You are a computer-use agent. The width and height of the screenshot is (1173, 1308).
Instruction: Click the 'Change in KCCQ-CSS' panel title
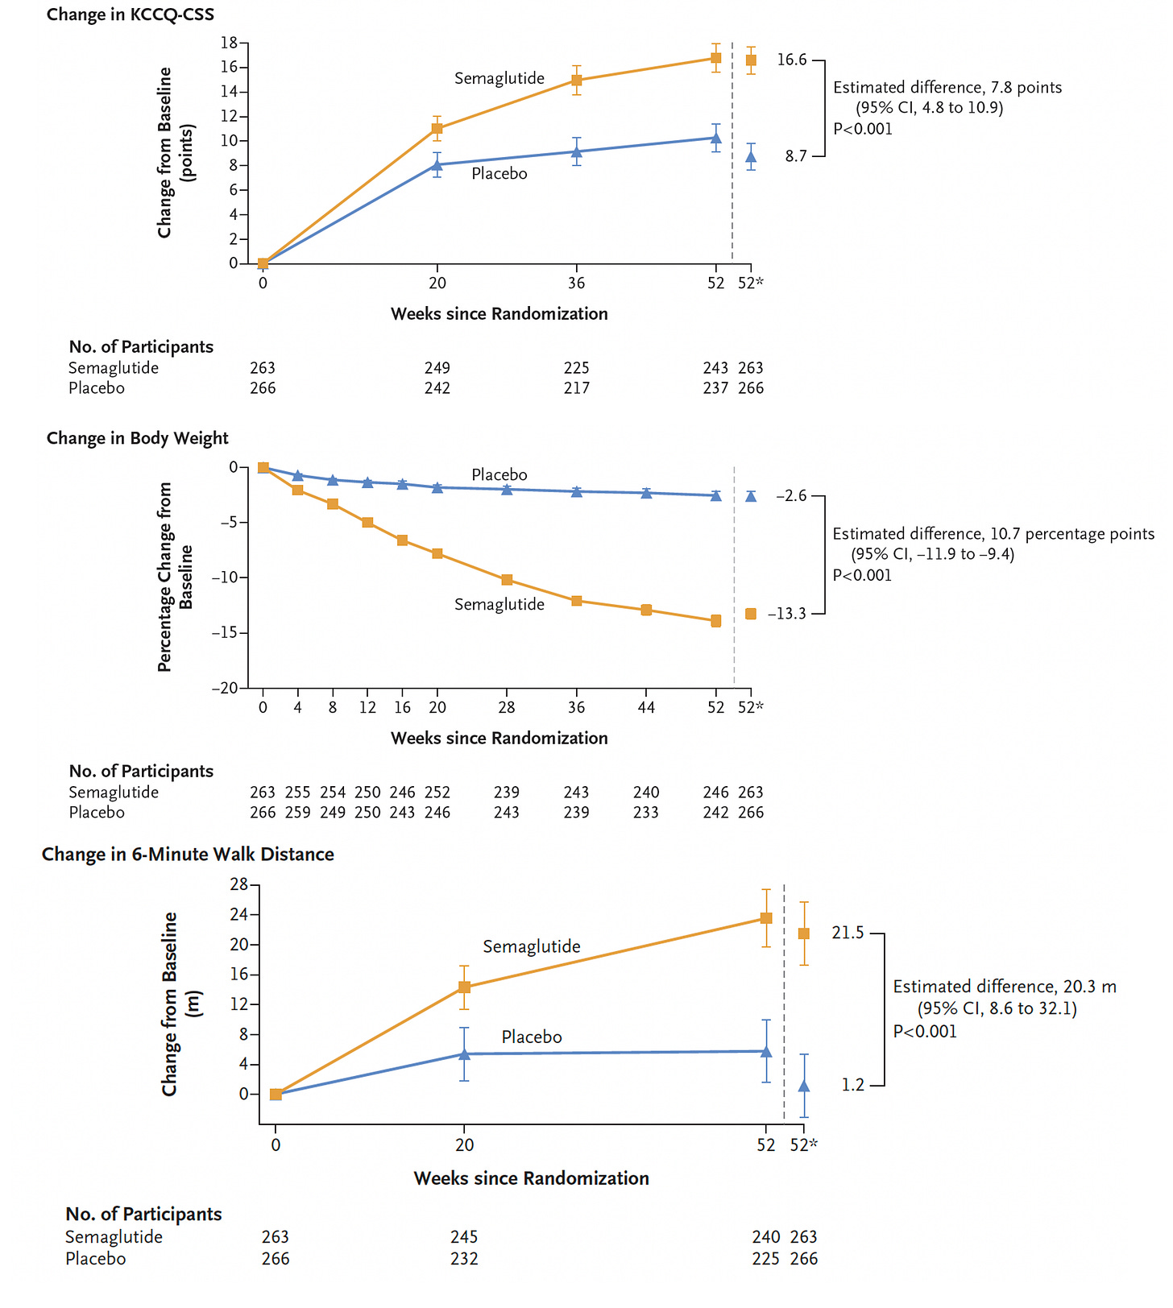(130, 14)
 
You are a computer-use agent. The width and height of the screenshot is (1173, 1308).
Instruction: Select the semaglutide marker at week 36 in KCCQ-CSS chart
(577, 81)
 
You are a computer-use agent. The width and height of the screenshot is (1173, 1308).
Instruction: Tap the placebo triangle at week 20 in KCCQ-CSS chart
(437, 165)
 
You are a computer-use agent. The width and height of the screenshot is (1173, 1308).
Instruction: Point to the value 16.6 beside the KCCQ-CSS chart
(791, 60)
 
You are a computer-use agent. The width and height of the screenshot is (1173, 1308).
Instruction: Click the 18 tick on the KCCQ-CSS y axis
(230, 43)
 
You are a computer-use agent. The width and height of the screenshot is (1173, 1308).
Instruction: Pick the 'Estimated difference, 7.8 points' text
(947, 87)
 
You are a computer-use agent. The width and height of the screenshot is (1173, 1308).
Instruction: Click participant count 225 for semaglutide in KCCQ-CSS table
(577, 368)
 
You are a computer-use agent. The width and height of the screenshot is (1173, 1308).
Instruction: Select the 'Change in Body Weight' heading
(137, 438)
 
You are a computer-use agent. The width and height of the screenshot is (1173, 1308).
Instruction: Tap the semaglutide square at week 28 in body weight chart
(507, 580)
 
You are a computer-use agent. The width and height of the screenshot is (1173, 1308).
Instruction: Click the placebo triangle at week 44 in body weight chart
(646, 493)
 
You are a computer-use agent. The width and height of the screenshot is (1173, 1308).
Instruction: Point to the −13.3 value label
(786, 614)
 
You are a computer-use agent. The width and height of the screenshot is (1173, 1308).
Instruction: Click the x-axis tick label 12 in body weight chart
(367, 707)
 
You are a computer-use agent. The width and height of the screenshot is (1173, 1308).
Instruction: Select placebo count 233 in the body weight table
(646, 813)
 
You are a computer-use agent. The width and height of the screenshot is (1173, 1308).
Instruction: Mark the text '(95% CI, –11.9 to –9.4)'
(932, 554)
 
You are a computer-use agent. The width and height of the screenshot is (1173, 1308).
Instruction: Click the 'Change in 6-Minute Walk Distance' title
(188, 855)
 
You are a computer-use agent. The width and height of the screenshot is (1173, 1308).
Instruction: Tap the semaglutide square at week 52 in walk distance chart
(766, 918)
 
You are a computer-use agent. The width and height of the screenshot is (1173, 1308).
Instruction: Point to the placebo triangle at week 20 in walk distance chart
(465, 1053)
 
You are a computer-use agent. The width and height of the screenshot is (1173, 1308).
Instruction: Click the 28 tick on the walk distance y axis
(239, 885)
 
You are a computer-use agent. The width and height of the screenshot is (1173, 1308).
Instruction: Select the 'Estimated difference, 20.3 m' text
(1004, 987)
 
